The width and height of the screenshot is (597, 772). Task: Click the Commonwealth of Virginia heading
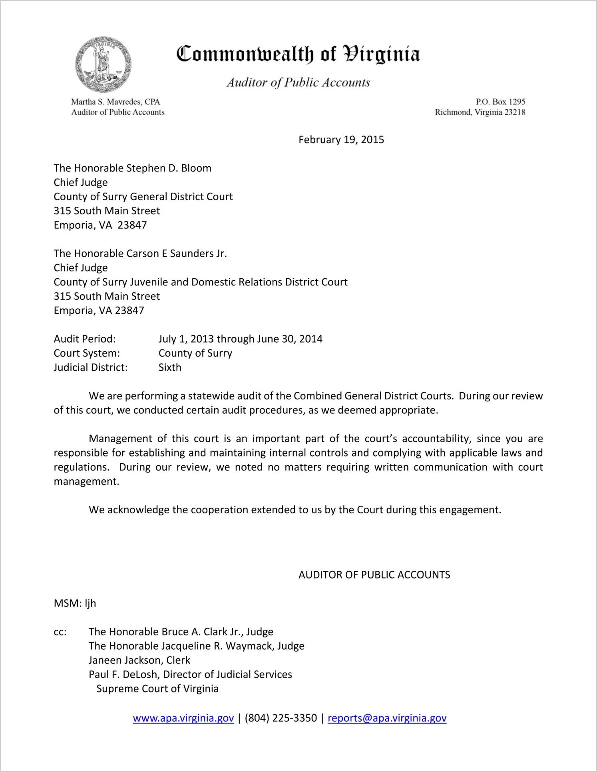(298, 54)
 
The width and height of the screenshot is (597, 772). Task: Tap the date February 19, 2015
(341, 140)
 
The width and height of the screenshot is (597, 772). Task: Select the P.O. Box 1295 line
(500, 102)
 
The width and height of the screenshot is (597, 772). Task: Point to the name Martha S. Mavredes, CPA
(115, 102)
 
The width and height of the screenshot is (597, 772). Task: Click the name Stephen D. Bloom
(169, 168)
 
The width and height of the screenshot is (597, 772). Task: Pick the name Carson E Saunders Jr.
(176, 253)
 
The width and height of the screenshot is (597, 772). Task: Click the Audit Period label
(85, 339)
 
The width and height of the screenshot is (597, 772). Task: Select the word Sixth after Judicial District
(170, 367)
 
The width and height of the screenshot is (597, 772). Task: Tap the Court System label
(87, 353)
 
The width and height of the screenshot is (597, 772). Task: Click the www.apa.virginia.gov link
(183, 718)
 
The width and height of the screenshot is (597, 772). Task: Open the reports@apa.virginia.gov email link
(387, 718)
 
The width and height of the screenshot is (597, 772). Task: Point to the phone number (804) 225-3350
(281, 718)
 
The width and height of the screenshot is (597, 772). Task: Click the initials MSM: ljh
(75, 603)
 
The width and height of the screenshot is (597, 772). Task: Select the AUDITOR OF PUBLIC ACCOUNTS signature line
(374, 575)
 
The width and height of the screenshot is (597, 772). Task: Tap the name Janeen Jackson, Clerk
(139, 660)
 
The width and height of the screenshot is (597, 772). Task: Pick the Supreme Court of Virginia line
(157, 689)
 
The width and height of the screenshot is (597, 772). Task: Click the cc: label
(60, 632)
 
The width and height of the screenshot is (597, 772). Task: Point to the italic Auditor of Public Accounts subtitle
(298, 82)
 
